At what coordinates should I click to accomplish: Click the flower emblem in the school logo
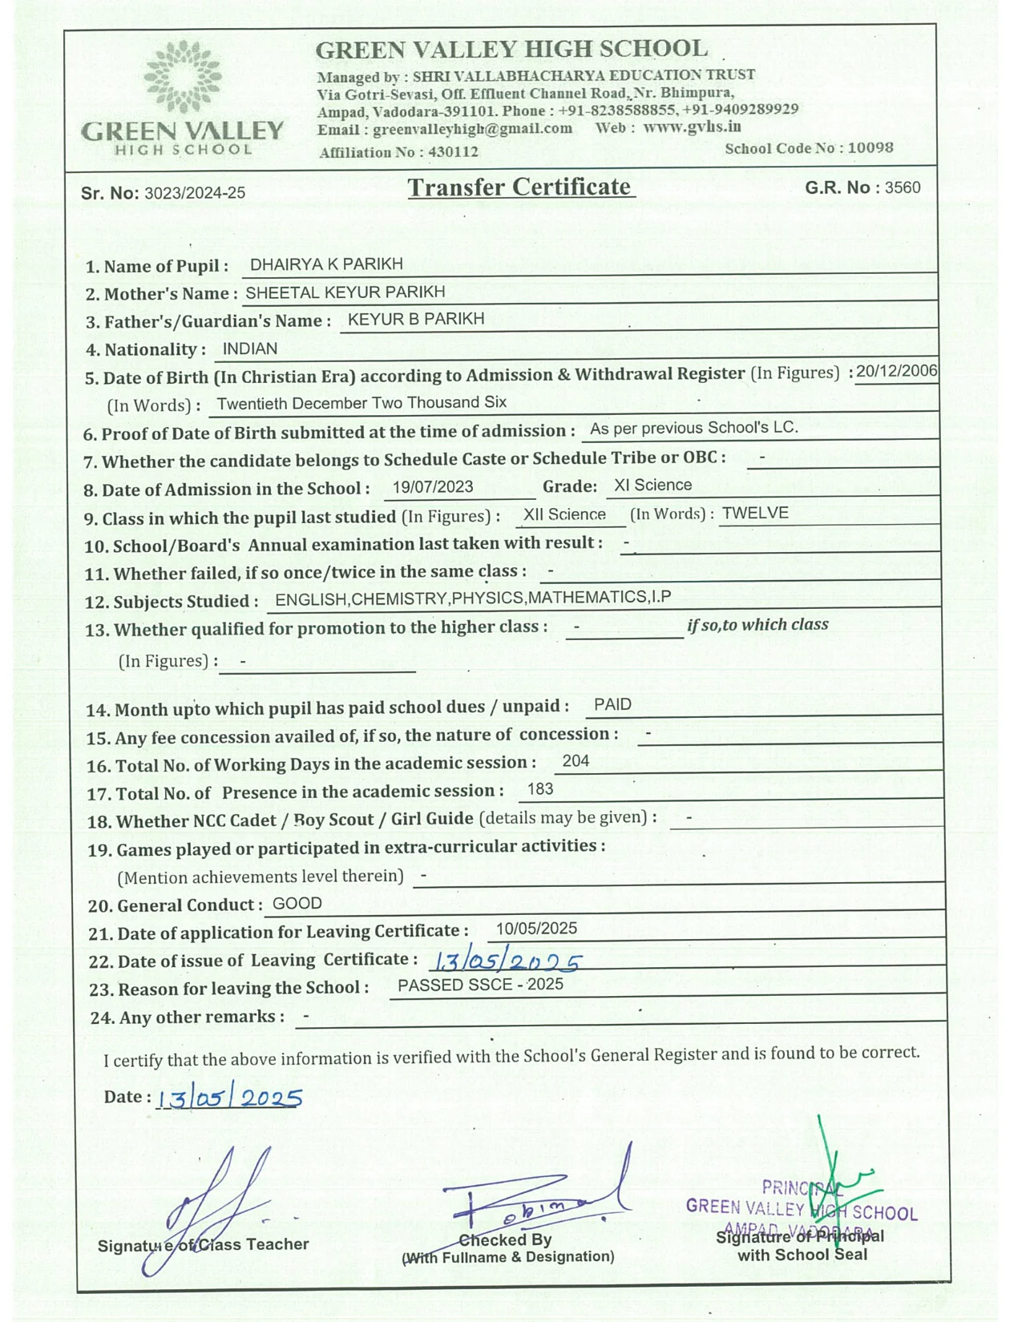(x=183, y=78)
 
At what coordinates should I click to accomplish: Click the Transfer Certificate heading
(x=520, y=187)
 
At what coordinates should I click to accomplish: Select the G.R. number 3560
(x=903, y=187)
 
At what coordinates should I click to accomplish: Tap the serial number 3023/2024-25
(x=195, y=193)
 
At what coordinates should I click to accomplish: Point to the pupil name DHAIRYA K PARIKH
(x=326, y=264)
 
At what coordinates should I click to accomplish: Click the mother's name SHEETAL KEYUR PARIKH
(x=345, y=292)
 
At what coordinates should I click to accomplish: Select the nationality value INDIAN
(x=250, y=349)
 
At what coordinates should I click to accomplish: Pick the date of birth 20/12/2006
(x=896, y=371)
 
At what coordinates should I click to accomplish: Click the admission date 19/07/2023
(x=433, y=486)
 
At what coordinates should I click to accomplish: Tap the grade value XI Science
(x=652, y=485)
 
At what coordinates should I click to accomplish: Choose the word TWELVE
(x=755, y=513)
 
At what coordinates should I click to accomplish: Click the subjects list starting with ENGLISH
(x=473, y=599)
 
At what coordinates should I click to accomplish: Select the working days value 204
(x=576, y=761)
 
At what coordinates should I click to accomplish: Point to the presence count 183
(x=540, y=789)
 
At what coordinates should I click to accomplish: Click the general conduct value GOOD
(x=297, y=904)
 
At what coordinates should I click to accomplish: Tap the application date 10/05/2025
(x=536, y=929)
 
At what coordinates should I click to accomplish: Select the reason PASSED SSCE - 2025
(x=480, y=985)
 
